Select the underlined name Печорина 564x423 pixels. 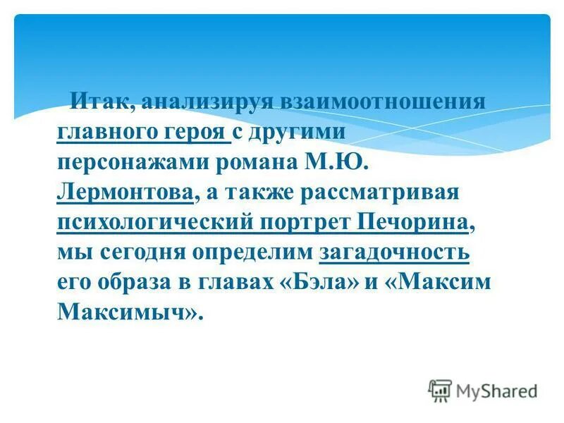tap(413, 222)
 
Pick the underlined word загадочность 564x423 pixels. tap(394, 252)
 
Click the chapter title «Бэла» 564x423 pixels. tap(324, 282)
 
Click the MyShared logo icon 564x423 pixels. tap(440, 389)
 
